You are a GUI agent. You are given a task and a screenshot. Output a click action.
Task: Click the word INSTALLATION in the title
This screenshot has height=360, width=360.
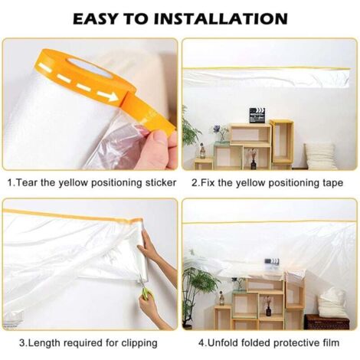pyautogui.click(x=221, y=18)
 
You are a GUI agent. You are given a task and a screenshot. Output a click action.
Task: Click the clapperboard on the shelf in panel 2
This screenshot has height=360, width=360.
pyautogui.click(x=257, y=116)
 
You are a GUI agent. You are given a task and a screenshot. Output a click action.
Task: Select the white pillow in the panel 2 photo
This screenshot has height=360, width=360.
pyautogui.click(x=320, y=155)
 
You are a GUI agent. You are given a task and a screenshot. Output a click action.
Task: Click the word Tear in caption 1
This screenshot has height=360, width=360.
pyautogui.click(x=26, y=183)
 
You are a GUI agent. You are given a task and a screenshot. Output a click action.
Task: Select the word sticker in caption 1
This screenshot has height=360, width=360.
pyautogui.click(x=161, y=183)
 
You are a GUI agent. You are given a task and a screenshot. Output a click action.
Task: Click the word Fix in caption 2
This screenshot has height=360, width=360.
pyautogui.click(x=207, y=183)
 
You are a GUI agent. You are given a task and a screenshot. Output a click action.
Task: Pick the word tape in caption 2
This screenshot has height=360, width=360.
pyautogui.click(x=332, y=183)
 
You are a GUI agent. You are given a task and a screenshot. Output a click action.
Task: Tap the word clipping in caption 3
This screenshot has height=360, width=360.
pyautogui.click(x=139, y=343)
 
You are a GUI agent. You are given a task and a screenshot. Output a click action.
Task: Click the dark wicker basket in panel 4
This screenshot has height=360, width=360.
pyautogui.click(x=327, y=322)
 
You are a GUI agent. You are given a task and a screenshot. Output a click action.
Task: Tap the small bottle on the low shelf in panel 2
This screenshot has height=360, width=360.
pyautogui.click(x=202, y=151)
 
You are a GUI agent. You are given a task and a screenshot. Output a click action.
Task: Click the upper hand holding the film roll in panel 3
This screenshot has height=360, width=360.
pyautogui.click(x=148, y=245)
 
